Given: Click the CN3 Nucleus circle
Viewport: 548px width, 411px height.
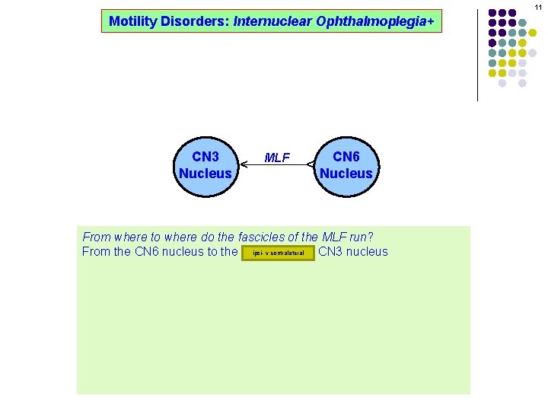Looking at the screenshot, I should point(205,164).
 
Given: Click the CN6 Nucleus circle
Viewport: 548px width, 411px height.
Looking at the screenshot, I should point(346,164).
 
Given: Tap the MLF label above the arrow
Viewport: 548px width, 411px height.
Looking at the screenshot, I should point(276,158).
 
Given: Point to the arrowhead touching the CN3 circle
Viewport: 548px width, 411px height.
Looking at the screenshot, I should point(243,164).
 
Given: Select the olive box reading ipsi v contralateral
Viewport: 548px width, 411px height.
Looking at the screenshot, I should point(278,253).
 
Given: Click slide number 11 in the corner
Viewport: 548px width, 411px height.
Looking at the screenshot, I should point(538,6).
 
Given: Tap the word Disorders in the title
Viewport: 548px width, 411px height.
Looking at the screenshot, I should point(190,21).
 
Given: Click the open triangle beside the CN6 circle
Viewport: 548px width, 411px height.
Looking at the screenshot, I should point(311,164).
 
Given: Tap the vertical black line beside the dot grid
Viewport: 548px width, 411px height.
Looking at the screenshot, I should point(477,53).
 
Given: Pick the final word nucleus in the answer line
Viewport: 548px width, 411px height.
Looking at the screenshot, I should point(368,252).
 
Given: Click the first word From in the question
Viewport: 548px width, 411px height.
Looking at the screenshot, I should point(97,237).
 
